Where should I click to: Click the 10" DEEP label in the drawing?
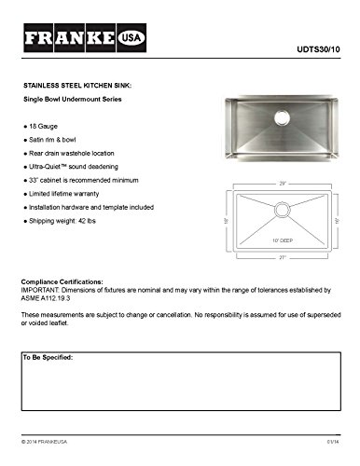pyautogui.click(x=281, y=240)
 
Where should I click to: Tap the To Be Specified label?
pyautogui.click(x=48, y=357)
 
